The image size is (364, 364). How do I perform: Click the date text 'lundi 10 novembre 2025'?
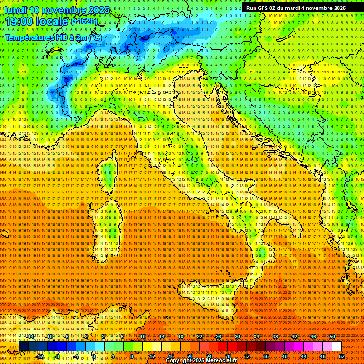click(57, 10)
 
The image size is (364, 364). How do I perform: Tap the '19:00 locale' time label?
click(36, 21)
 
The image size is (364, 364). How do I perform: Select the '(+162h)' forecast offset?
click(84, 21)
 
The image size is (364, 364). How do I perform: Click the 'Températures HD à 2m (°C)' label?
click(53, 37)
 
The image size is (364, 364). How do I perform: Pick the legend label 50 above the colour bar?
click(332, 337)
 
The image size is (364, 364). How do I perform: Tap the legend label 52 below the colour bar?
click(342, 356)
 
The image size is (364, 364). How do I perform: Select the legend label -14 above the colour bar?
click(31, 337)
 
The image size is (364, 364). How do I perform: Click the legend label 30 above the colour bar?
click(237, 337)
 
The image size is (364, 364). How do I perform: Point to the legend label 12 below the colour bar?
click(152, 356)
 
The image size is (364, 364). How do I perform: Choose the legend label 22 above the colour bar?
click(199, 337)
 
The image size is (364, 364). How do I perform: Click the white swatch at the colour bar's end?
click(337, 346)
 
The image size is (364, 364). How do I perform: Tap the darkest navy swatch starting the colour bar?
click(24, 346)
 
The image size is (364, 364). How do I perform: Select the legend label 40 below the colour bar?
click(285, 356)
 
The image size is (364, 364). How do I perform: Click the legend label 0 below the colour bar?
click(94, 356)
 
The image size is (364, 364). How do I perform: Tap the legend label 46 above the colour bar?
click(313, 337)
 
